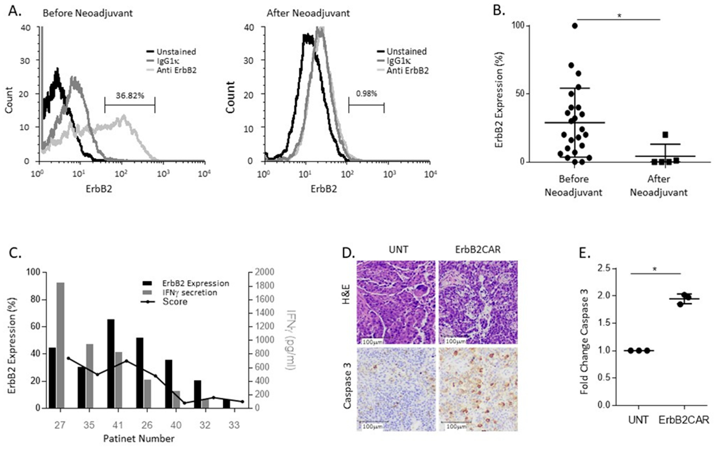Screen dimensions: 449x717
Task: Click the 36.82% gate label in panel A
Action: point(130,96)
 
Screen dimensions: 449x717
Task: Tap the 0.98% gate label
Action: point(366,94)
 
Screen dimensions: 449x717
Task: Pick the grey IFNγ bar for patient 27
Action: point(61,344)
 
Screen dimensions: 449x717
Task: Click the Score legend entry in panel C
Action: point(175,302)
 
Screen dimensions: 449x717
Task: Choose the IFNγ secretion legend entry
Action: point(189,292)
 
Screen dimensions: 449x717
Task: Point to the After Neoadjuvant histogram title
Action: point(308,13)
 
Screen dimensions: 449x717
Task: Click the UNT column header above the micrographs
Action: point(398,249)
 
